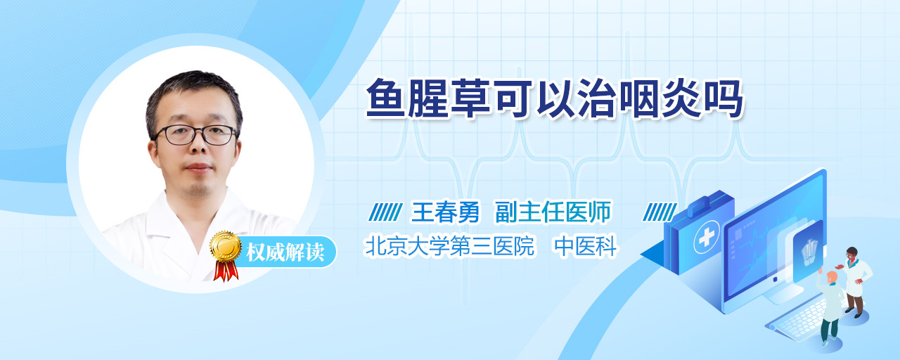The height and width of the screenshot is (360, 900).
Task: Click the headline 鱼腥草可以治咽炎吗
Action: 555,99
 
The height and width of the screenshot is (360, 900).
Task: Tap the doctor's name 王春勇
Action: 445,212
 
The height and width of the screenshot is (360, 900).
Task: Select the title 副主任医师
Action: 553,212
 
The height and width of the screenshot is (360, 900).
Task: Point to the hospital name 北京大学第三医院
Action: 449,246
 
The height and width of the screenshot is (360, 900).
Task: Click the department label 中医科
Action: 586,246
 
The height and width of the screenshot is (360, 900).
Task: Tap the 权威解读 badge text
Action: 285,252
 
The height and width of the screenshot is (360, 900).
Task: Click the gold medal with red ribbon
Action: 226,255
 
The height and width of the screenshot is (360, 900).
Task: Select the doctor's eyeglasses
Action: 195,134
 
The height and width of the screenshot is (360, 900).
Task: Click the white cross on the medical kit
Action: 707,237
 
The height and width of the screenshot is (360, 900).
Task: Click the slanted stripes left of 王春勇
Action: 385,212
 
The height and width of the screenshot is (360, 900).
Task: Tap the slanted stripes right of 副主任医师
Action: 660,212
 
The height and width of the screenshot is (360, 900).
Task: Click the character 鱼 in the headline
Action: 385,99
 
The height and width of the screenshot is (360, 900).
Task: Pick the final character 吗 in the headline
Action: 724,99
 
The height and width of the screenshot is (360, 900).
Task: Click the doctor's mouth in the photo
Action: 198,167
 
